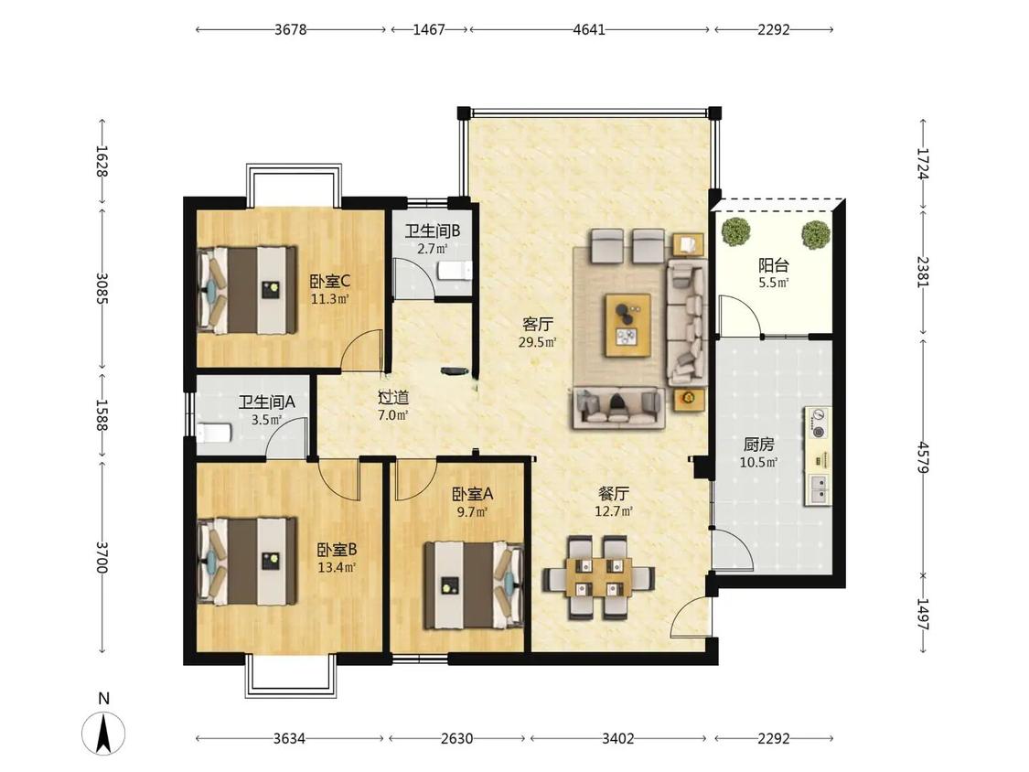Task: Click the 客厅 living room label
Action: [538, 324]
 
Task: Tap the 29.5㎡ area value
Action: [538, 341]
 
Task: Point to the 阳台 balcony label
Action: [773, 265]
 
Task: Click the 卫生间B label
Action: [432, 231]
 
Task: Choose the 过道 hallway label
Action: [393, 397]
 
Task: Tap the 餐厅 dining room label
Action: [614, 493]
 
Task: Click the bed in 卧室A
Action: [474, 584]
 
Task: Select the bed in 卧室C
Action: [247, 289]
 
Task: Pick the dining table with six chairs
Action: [598, 578]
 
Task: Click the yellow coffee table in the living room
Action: [628, 325]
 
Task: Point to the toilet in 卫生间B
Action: [455, 271]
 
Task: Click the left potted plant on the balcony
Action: [735, 231]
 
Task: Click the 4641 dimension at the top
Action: [589, 29]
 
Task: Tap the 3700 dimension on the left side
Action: [101, 557]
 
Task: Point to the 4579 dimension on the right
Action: [923, 457]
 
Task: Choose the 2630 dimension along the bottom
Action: [456, 738]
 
